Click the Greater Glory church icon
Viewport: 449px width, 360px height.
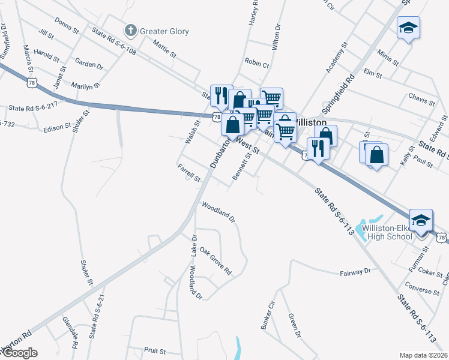click(130, 31)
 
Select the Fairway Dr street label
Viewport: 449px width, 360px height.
click(355, 272)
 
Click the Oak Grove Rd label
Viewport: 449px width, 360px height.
click(215, 261)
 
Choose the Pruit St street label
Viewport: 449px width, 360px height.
click(154, 349)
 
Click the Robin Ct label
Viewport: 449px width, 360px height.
click(257, 62)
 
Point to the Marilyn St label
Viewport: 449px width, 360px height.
click(84, 86)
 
